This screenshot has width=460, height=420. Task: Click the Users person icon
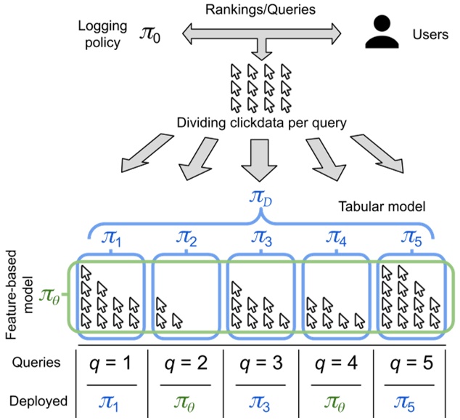point(382,33)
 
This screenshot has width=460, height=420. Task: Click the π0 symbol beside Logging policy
point(152,33)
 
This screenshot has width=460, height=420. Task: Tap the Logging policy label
point(101,33)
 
